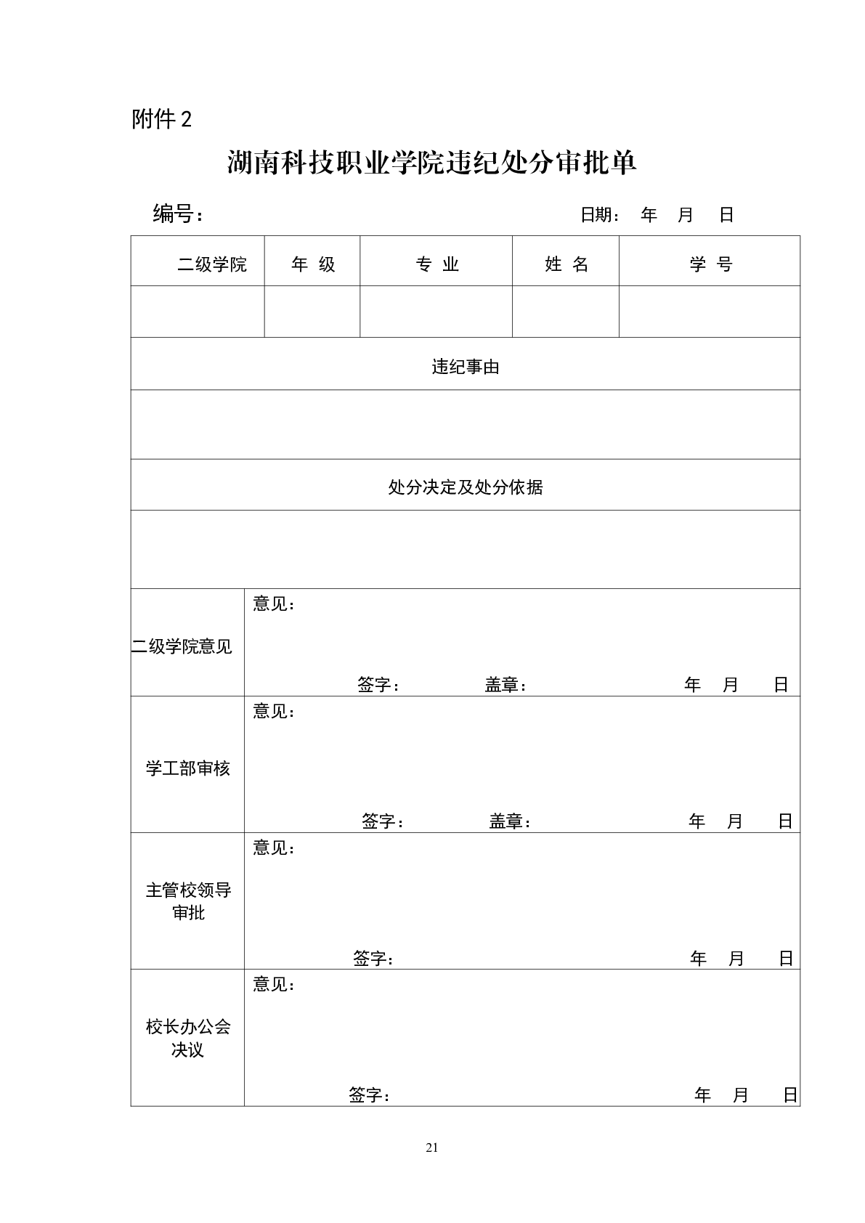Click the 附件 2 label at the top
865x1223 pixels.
click(x=161, y=119)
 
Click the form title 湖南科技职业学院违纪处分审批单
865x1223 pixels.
click(x=431, y=163)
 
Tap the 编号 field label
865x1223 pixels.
click(x=177, y=214)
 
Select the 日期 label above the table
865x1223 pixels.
click(x=599, y=215)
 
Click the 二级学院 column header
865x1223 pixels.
click(x=211, y=264)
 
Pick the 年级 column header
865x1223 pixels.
click(x=313, y=264)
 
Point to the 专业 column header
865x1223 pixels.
click(x=437, y=264)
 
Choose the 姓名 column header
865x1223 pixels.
click(x=566, y=264)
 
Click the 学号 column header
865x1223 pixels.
click(x=710, y=264)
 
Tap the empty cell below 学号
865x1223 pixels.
click(x=709, y=312)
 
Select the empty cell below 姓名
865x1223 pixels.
click(x=565, y=312)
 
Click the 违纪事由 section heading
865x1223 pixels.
click(x=466, y=367)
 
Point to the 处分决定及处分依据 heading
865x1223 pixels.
click(x=466, y=487)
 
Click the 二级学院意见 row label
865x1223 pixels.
click(x=182, y=646)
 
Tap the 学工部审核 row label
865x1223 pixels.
click(x=187, y=768)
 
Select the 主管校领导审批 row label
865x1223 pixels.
click(x=188, y=901)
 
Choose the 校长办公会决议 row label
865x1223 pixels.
click(x=188, y=1038)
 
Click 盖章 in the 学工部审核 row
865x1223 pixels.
click(x=509, y=822)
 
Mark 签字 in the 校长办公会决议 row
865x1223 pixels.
click(x=369, y=1095)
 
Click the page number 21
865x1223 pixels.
click(x=432, y=1148)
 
